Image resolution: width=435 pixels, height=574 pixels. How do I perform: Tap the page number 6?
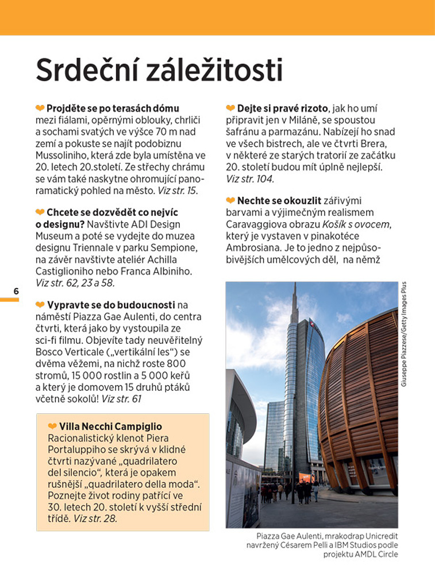pos(16,292)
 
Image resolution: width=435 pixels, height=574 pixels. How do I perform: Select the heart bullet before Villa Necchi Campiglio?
pos(52,426)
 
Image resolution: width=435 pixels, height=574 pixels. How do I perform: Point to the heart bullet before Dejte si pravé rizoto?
pos(230,108)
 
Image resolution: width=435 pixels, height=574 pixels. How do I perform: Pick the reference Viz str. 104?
pos(250,179)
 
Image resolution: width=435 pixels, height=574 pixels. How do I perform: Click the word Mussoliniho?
pos(66,155)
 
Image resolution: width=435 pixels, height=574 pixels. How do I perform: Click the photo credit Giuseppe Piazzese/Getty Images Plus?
pos(404,333)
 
